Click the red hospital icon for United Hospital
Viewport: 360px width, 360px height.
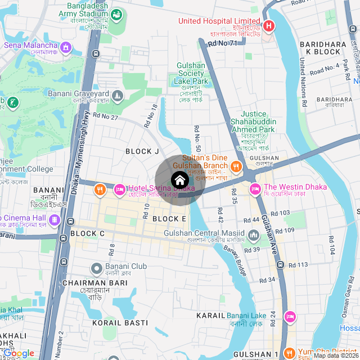tap(269, 26)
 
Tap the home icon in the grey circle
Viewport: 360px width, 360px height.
tap(179, 181)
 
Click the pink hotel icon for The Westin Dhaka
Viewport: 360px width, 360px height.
tap(254, 187)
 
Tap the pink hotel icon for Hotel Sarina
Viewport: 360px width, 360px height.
tap(120, 190)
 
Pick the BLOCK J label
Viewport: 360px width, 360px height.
tap(142, 151)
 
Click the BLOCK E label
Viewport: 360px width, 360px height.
tap(169, 219)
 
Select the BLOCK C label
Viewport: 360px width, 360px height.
tap(87, 233)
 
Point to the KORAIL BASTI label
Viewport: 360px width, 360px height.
tap(120, 323)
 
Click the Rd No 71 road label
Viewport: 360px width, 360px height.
tap(223, 43)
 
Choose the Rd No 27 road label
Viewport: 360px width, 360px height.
tap(106, 117)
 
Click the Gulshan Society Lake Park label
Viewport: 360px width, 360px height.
tap(192, 73)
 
